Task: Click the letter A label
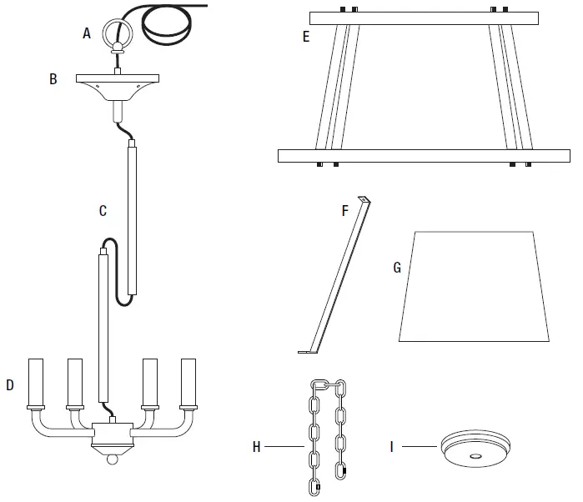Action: pos(87,33)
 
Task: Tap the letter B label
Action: pos(53,80)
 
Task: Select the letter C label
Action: pos(103,211)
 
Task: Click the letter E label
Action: pos(307,37)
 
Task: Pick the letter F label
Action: pos(344,211)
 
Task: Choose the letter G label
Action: pos(397,268)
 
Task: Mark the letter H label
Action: pos(257,447)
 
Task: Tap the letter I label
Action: pos(392,447)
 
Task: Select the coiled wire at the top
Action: pos(170,25)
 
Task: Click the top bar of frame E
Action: pos(424,18)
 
